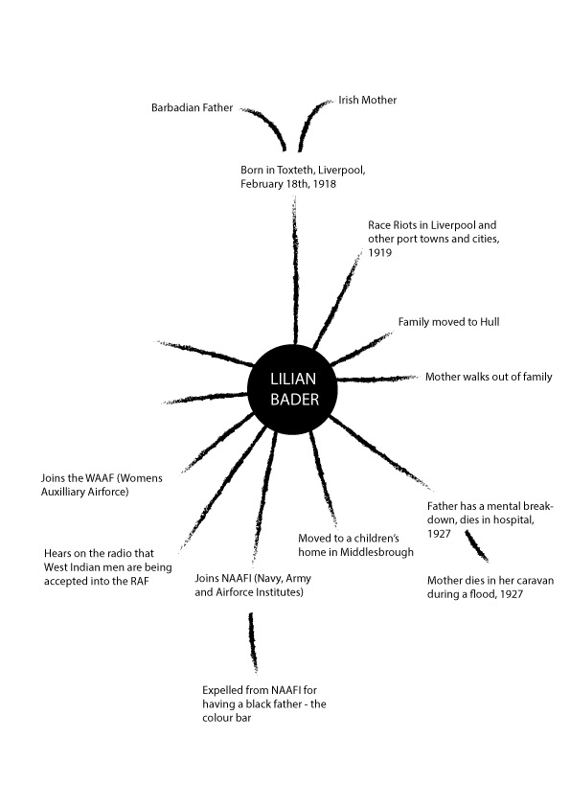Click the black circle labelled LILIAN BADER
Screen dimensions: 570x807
292,390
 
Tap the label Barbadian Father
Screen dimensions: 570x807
192,107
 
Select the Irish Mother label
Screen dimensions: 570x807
367,100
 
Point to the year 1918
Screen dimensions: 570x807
324,184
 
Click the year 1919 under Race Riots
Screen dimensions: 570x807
379,253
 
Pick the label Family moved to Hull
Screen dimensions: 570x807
448,322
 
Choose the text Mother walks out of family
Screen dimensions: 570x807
489,377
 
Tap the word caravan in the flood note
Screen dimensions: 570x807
533,581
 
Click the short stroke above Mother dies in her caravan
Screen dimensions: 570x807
476,545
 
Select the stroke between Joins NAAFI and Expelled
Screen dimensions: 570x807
253,642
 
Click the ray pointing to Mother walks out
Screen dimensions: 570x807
377,379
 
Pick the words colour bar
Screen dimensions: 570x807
226,718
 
